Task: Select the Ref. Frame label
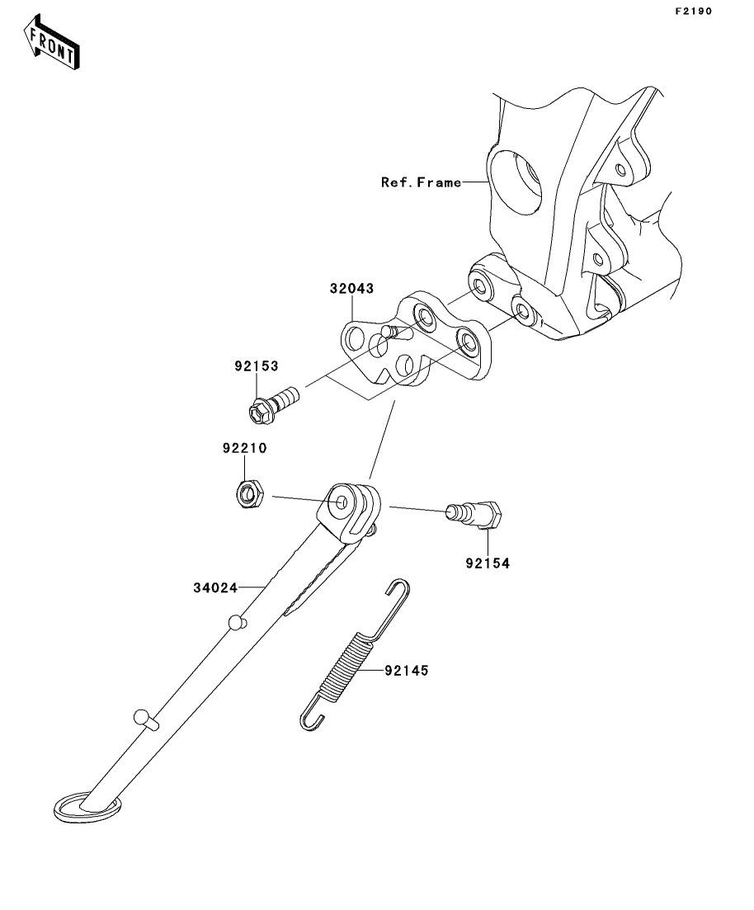click(421, 182)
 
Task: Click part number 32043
click(351, 289)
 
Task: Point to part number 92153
click(255, 365)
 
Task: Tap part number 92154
click(486, 563)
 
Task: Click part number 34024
click(215, 588)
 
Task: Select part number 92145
click(406, 671)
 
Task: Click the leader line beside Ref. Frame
click(477, 182)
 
